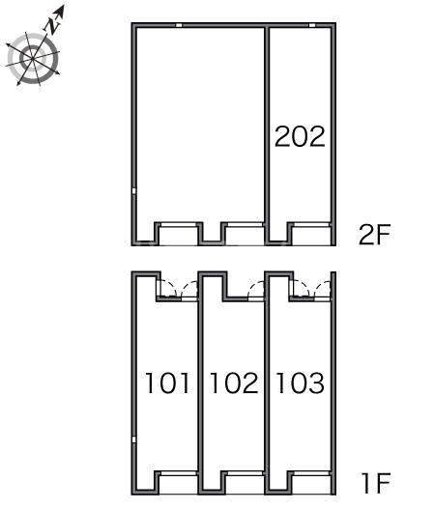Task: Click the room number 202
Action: click(300, 136)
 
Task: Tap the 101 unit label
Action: click(167, 382)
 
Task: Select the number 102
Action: click(234, 382)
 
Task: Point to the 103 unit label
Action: click(301, 382)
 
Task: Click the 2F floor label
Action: click(374, 235)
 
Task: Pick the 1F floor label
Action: click(376, 483)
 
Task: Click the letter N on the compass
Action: click(52, 26)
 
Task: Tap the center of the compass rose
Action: click(33, 59)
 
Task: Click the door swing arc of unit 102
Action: click(255, 289)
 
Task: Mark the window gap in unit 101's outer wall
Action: click(133, 439)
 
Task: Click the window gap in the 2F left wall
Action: click(133, 191)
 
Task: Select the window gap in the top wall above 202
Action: click(312, 25)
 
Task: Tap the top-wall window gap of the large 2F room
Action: click(179, 25)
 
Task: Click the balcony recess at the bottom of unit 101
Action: click(179, 484)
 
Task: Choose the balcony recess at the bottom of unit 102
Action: click(245, 484)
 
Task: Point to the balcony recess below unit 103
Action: click(311, 484)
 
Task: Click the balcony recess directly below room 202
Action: click(311, 235)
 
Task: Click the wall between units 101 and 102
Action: click(200, 383)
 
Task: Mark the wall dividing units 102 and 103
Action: click(267, 383)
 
